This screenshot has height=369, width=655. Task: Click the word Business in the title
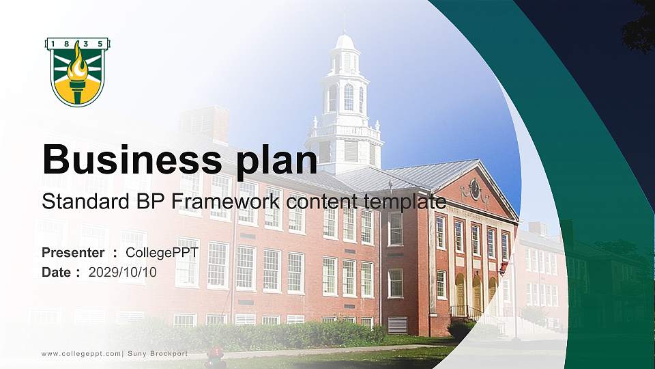(127, 160)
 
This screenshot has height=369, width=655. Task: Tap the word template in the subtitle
(405, 202)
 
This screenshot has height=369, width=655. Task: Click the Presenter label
(72, 253)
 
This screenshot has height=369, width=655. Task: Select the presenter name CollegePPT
(161, 253)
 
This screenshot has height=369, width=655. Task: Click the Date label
(57, 272)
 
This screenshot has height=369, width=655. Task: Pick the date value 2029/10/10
(123, 272)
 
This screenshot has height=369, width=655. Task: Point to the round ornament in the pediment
(475, 189)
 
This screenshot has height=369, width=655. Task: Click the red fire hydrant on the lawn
(216, 356)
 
